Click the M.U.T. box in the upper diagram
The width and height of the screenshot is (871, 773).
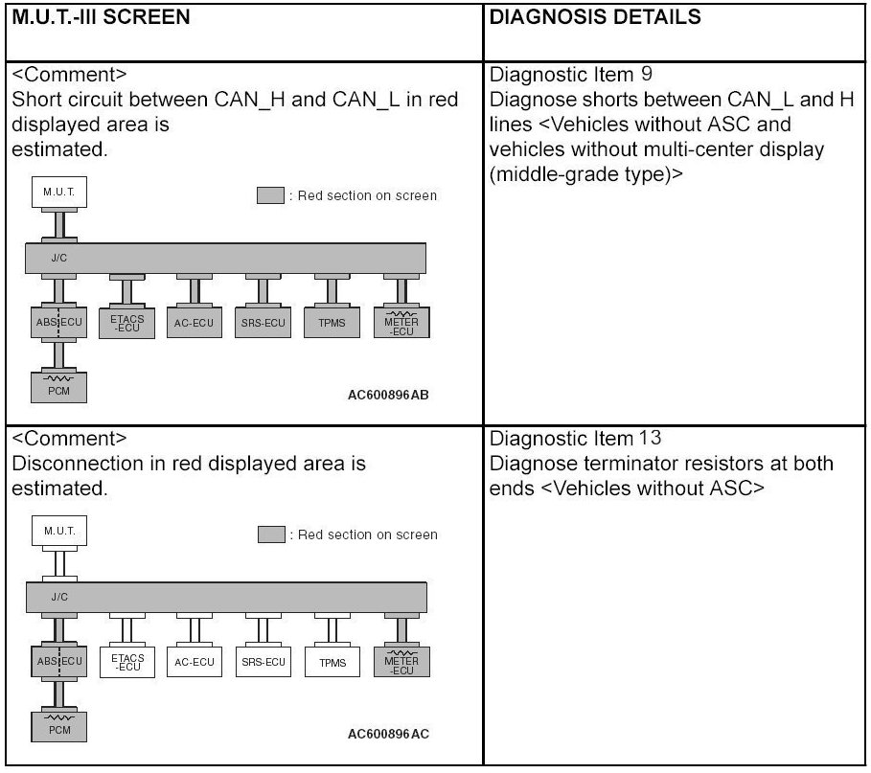pos(59,193)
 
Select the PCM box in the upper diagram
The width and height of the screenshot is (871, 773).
pos(59,388)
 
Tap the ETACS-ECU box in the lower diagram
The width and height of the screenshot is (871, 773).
pos(126,662)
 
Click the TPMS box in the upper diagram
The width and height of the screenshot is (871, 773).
pos(332,323)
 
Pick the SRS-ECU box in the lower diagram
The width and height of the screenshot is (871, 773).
pos(263,662)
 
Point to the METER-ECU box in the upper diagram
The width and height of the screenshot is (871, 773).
pos(401,322)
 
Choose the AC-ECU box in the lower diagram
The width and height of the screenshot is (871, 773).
pos(195,662)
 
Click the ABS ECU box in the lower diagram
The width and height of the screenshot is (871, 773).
pos(59,661)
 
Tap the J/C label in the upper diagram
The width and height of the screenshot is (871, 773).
pos(58,257)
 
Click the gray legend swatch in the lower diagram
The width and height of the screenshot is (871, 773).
pos(271,534)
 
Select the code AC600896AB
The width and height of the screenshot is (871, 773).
pos(388,395)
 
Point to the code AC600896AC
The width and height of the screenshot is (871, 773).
pos(388,735)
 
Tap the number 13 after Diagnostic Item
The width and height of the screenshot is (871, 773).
pos(650,439)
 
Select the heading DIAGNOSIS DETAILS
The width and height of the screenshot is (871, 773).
pos(594,18)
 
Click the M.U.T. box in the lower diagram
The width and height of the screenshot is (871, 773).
pos(59,531)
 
